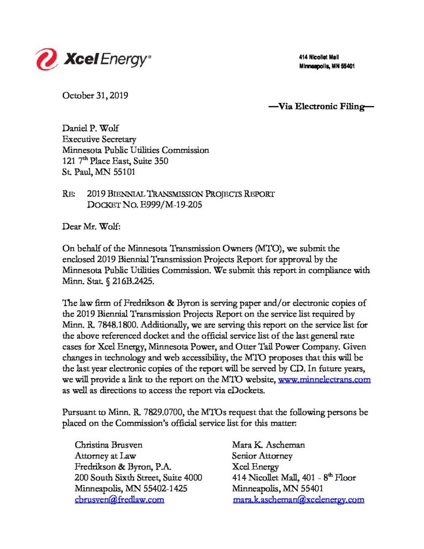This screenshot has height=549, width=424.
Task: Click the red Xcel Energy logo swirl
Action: [x=47, y=58]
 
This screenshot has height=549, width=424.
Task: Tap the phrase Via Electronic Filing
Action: [x=321, y=107]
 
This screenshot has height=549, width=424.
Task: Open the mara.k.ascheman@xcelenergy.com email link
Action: [x=299, y=499]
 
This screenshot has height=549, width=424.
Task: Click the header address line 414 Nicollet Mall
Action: [x=319, y=57]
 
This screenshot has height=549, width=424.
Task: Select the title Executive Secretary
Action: [x=99, y=140]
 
